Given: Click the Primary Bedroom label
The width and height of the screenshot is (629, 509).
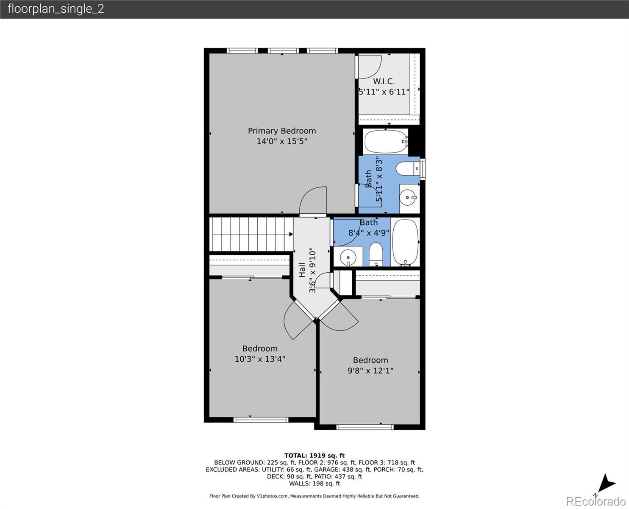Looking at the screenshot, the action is tap(282, 131).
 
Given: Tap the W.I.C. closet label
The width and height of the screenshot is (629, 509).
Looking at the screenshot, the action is tap(384, 81).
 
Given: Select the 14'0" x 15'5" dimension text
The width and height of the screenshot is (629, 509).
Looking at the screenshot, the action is tap(282, 141).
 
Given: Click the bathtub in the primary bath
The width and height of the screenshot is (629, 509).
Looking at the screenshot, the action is tap(386, 142).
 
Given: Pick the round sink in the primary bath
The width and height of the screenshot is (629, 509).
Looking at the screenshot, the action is tap(408, 197).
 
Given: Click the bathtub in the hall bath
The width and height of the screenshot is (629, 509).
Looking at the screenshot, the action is tap(406, 243).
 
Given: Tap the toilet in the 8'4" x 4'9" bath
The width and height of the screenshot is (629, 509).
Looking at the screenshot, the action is tap(376, 255).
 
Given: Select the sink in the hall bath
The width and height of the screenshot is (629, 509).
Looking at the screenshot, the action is tap(348, 257).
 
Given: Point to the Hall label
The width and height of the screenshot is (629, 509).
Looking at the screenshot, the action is tap(302, 270).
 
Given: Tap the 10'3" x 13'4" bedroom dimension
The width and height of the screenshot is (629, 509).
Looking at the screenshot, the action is tap(260, 359).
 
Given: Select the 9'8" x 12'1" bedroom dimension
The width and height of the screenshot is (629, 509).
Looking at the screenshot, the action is tap(370, 370).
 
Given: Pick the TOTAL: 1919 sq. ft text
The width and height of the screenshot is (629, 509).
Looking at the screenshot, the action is tap(314, 456).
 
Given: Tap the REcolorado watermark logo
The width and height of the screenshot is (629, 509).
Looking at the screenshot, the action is tap(596, 501).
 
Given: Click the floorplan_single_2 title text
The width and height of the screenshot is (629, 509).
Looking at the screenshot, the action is tap(56, 9).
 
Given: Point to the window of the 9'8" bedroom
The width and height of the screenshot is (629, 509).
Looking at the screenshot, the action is tap(365, 427).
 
